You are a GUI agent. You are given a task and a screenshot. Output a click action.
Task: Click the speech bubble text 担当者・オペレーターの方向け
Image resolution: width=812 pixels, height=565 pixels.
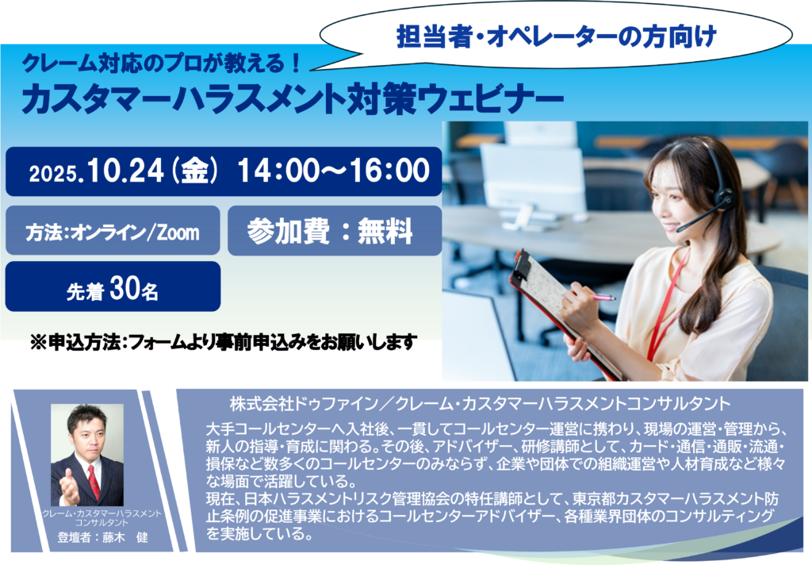[x=556, y=37]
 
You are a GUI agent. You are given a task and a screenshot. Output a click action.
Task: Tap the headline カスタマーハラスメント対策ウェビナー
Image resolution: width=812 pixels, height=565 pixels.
[x=293, y=99]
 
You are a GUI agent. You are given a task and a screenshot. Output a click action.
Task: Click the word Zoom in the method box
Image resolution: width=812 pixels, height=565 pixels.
[x=178, y=233]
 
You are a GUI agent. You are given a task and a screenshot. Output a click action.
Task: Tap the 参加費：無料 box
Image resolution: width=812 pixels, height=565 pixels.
[x=335, y=231]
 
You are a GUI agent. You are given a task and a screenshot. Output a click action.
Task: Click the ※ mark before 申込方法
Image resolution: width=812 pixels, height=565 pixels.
[x=38, y=343]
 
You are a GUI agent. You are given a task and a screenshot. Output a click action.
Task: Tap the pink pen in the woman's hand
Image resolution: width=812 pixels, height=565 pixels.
[x=603, y=297]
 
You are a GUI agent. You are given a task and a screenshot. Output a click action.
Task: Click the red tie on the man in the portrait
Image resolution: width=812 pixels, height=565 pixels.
[x=94, y=482]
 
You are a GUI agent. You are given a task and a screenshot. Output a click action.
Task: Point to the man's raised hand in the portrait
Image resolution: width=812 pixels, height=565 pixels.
[x=70, y=488]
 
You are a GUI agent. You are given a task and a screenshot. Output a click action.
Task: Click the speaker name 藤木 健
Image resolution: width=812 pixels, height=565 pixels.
[x=125, y=537]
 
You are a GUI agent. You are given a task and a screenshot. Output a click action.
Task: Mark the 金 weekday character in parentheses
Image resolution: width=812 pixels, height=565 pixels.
[x=194, y=171]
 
